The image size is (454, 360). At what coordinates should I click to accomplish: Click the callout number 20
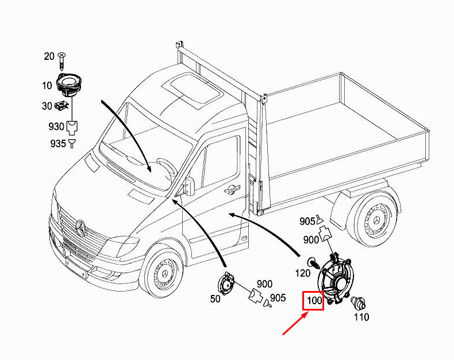[49, 56]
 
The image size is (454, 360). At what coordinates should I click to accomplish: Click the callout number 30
[47, 106]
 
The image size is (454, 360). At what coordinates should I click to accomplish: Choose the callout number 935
[57, 143]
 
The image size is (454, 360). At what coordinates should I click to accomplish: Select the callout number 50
[216, 300]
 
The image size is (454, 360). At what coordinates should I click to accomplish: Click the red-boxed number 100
[314, 300]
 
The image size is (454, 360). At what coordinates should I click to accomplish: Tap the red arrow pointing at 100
[294, 324]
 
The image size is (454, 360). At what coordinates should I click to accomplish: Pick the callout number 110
[361, 317]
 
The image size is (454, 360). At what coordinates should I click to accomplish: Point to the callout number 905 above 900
[307, 221]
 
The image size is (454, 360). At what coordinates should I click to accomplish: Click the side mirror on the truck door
[189, 185]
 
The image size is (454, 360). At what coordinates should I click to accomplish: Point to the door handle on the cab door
[232, 188]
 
